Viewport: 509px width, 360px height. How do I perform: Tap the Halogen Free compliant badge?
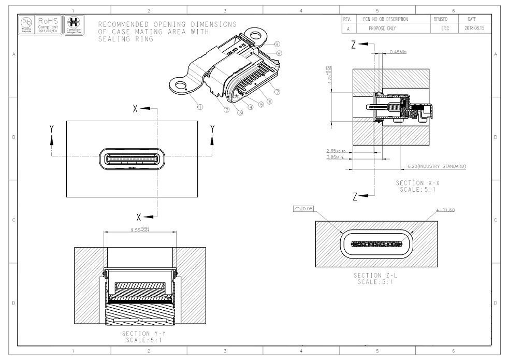[x=73, y=23]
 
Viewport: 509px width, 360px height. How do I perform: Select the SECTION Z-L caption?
[x=376, y=278]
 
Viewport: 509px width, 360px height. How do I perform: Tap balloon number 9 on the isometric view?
[x=278, y=45]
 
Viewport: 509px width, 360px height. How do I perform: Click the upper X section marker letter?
[x=136, y=109]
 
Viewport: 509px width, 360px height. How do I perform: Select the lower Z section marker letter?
[x=354, y=196]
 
